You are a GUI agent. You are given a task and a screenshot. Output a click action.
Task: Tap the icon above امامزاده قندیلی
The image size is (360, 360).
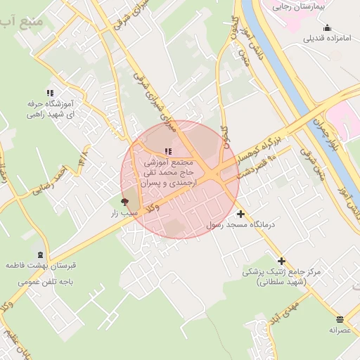click(327, 27)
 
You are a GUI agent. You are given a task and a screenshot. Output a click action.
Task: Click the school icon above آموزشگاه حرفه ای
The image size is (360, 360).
click(49, 93)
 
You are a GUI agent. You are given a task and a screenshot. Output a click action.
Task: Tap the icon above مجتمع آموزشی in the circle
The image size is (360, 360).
click(167, 151)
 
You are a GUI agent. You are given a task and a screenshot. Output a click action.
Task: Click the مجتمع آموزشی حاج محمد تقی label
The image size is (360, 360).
click(168, 172)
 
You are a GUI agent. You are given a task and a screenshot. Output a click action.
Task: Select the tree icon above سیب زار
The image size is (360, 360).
click(126, 202)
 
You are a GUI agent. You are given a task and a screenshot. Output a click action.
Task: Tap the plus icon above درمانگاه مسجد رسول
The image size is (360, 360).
click(241, 214)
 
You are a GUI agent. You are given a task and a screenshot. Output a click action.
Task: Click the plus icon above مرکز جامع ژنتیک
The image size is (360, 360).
click(281, 261)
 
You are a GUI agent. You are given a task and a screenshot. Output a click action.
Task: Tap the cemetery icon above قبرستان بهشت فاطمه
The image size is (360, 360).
click(40, 255)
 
